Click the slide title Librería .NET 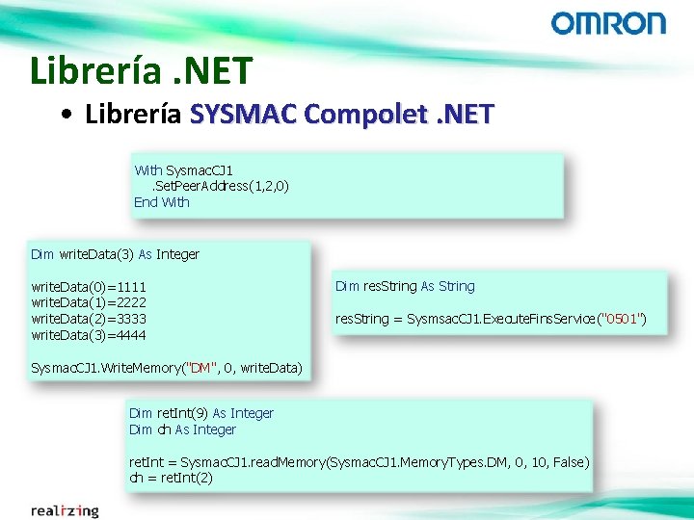[x=141, y=70]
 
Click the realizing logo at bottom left [x=64, y=510]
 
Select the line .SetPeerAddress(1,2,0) [x=217, y=186]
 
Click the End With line [x=162, y=202]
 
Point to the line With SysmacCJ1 [x=183, y=170]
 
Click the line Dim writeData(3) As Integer [x=115, y=254]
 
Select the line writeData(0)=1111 [x=89, y=287]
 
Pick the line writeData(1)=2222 [x=89, y=302]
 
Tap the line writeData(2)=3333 [x=89, y=319]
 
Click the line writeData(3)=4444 [x=89, y=335]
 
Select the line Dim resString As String [x=405, y=286]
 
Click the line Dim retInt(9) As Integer [x=201, y=413]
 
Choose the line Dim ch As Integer [x=182, y=429]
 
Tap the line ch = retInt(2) [x=172, y=478]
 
